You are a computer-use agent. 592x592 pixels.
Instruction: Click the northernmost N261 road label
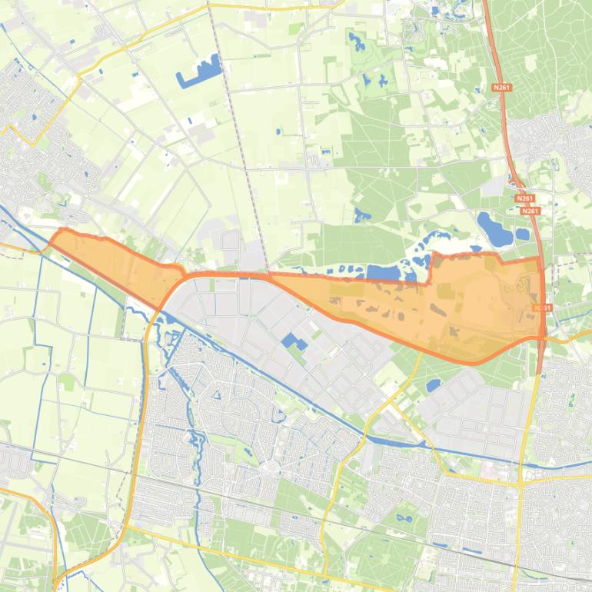click(501, 88)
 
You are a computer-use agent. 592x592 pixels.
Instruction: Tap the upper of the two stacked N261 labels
click(526, 198)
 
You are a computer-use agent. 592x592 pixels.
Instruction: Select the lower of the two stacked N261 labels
click(530, 211)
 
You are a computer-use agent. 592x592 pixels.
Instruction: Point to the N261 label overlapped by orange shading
click(542, 308)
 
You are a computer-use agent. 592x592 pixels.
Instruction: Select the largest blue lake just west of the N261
click(492, 226)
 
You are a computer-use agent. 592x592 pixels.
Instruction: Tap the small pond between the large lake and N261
click(522, 234)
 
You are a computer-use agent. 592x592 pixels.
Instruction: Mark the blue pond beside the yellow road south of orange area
click(433, 384)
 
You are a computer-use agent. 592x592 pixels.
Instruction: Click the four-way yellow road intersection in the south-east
click(521, 483)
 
